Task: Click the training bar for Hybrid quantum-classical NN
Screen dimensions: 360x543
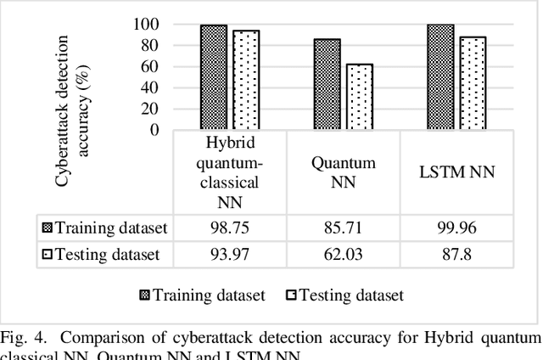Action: click(x=214, y=77)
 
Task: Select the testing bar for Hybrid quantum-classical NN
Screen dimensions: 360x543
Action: click(x=246, y=80)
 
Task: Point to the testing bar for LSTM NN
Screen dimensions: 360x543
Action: click(x=473, y=83)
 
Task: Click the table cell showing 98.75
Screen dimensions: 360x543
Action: click(x=229, y=228)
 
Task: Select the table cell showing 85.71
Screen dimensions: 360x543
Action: click(x=343, y=228)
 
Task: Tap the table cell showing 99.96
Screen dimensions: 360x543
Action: click(x=457, y=228)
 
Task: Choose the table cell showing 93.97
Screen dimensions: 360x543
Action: click(x=229, y=255)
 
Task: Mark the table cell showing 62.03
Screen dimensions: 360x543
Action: click(x=343, y=255)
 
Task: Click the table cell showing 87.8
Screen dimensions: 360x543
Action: click(x=457, y=255)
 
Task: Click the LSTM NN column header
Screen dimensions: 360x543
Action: click(x=457, y=173)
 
